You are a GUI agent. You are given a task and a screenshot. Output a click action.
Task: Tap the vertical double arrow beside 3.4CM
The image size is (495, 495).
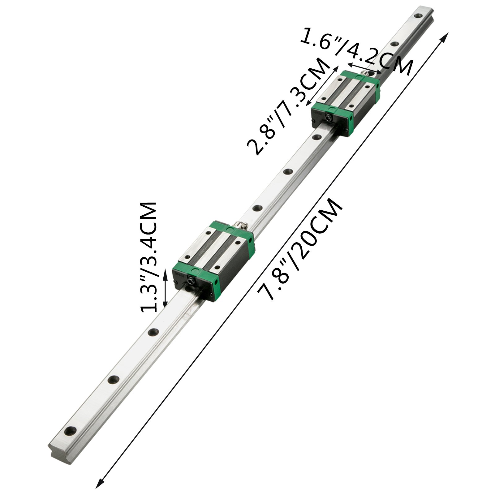click(x=165, y=288)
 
